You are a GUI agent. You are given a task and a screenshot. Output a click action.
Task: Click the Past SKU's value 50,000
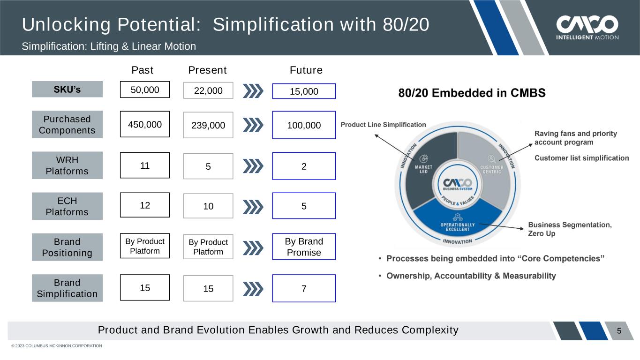145,90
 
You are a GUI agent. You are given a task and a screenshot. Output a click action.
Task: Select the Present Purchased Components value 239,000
208,125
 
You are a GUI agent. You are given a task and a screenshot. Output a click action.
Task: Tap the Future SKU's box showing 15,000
304,91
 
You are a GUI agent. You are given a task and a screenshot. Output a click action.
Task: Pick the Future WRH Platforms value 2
304,166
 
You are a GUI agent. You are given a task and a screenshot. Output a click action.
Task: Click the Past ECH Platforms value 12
145,205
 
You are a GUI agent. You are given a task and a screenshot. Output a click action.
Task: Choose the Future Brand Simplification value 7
304,288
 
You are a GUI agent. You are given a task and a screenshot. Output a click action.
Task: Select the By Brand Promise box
304,247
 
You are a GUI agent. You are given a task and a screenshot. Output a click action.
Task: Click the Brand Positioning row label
67,247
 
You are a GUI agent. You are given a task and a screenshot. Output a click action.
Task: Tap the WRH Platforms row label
67,165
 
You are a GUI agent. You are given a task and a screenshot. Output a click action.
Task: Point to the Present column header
207,70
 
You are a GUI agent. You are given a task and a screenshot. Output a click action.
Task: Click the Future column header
306,70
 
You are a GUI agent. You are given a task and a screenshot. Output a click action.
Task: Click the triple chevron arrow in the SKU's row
253,91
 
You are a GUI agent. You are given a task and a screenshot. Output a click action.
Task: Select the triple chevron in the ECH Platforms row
253,207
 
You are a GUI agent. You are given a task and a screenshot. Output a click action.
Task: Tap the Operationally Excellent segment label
458,227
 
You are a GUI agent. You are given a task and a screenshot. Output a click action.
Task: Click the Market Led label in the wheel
423,169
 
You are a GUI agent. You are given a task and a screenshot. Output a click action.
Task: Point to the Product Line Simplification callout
383,125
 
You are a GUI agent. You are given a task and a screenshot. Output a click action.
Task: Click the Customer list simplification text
582,158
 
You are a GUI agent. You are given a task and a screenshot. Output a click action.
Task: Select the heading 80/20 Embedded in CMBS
472,93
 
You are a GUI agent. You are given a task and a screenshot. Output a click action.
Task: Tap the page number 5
619,331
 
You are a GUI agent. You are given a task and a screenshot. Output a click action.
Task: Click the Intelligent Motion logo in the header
587,28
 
